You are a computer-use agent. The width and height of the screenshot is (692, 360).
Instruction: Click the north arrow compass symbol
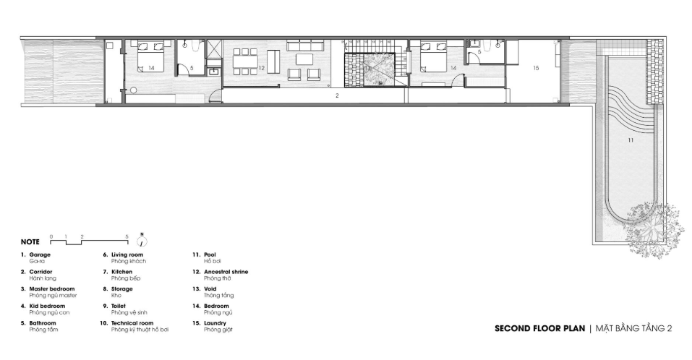[142, 241]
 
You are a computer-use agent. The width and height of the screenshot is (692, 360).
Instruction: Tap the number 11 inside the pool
[631, 140]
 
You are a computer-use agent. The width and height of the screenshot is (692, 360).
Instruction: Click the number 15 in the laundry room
[537, 68]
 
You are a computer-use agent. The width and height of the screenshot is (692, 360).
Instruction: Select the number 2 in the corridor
[337, 95]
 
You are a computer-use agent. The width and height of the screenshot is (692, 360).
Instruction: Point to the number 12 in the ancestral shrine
[262, 68]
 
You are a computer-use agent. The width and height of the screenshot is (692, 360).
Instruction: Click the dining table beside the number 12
[245, 61]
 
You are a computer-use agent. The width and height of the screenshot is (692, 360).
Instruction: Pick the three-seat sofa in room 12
[305, 46]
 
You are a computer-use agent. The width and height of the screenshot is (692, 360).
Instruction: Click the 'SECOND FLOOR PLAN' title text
[539, 328]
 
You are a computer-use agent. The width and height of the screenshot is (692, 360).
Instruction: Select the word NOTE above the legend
[30, 241]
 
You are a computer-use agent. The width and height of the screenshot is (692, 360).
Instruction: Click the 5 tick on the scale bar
[127, 237]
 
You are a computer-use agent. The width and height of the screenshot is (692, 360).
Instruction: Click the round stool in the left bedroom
[133, 90]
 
